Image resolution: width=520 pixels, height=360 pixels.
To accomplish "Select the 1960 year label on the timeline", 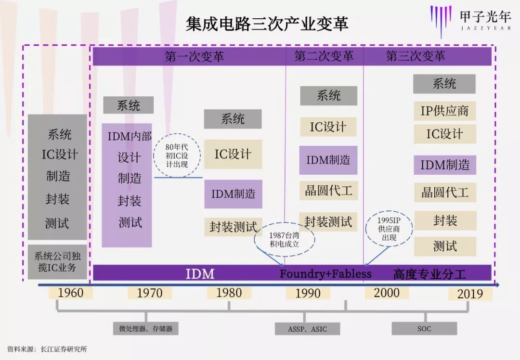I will click(x=71, y=293).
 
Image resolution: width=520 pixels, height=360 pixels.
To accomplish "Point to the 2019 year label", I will click(x=470, y=294).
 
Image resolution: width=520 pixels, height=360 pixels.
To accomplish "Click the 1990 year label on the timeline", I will click(x=308, y=293).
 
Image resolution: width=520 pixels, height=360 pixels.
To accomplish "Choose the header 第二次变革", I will click(x=324, y=56).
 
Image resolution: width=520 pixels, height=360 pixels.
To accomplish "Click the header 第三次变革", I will click(x=416, y=56).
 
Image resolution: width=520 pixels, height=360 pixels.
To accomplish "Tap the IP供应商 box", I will click(x=444, y=111).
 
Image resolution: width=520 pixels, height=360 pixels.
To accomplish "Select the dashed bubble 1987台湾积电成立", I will click(x=285, y=238).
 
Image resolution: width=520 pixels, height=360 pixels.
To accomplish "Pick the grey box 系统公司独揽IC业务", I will click(x=57, y=262).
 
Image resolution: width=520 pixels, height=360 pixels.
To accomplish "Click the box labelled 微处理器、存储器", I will click(x=146, y=329).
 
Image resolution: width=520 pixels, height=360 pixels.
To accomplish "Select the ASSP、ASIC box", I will click(x=308, y=329).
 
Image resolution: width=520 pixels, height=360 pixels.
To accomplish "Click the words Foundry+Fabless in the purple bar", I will click(x=326, y=274).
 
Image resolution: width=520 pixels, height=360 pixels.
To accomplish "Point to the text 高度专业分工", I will click(x=429, y=274).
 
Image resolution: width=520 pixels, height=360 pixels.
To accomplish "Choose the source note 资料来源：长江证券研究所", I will click(x=47, y=349).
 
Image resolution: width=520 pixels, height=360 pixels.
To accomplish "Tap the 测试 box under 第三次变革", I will click(x=444, y=246).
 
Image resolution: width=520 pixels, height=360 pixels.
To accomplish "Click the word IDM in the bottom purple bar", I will click(x=200, y=274).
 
